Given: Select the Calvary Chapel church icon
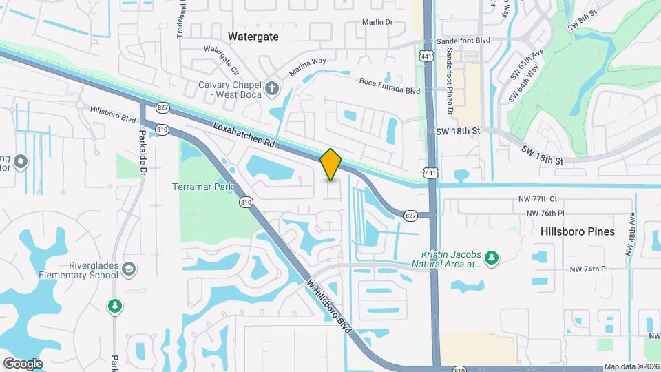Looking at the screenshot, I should click(272, 87).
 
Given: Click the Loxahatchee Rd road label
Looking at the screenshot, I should click(244, 136).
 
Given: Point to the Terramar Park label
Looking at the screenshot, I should click(203, 187).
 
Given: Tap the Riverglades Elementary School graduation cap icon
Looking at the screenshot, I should click(129, 269).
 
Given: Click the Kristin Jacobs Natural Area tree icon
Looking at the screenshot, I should click(490, 258).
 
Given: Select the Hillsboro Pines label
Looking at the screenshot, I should click(577, 231).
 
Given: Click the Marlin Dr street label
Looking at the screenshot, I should click(377, 22).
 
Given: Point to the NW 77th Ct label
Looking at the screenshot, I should click(537, 198).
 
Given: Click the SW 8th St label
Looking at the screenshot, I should click(580, 26).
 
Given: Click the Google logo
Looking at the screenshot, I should click(23, 363).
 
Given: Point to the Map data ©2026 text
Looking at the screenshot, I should click(631, 366).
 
